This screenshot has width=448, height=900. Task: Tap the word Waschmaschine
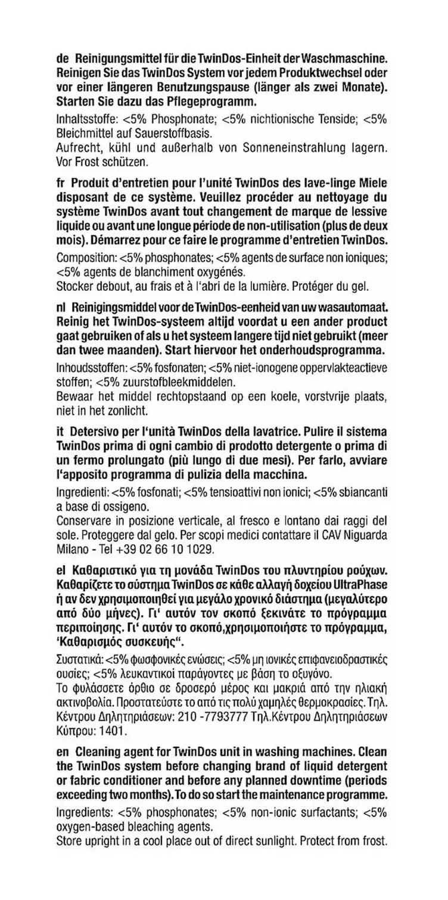346,60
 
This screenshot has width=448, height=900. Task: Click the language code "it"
59,431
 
